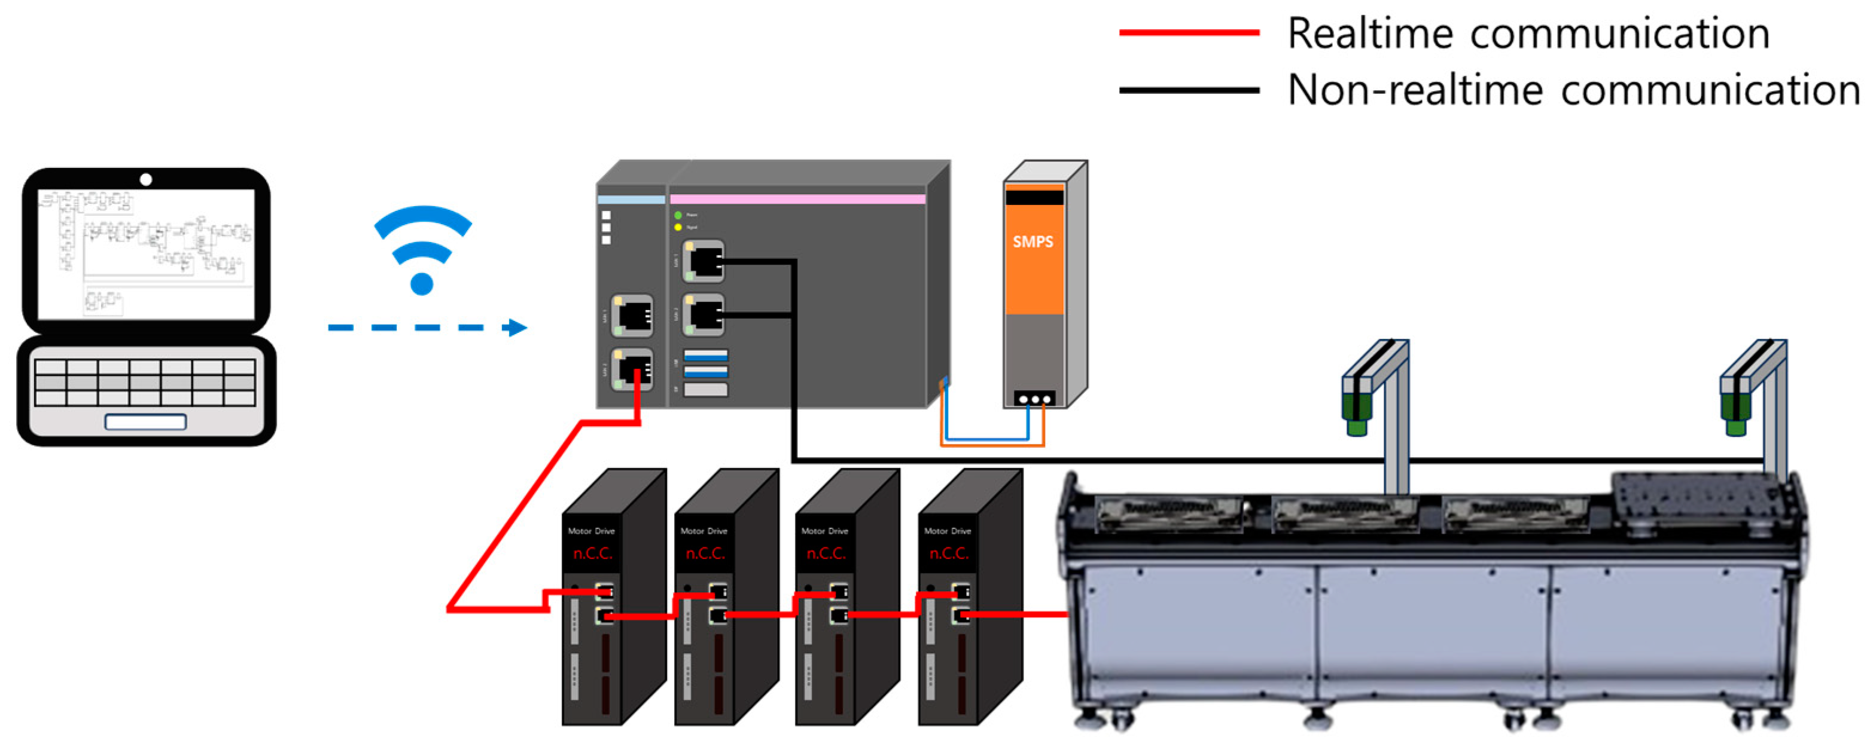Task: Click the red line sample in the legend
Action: [1189, 33]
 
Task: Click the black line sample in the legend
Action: [1189, 91]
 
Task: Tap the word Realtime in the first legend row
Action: [1368, 34]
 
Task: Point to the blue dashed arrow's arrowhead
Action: [517, 328]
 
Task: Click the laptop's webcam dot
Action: [146, 179]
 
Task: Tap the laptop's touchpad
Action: [145, 421]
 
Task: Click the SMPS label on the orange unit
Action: [1033, 241]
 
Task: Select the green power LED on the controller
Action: [678, 215]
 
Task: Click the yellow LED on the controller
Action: [678, 228]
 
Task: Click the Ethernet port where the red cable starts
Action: [632, 370]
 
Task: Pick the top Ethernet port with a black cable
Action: [703, 261]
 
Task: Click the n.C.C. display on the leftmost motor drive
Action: [592, 554]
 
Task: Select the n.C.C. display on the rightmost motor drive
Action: [948, 554]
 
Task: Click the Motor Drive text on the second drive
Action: [703, 531]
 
